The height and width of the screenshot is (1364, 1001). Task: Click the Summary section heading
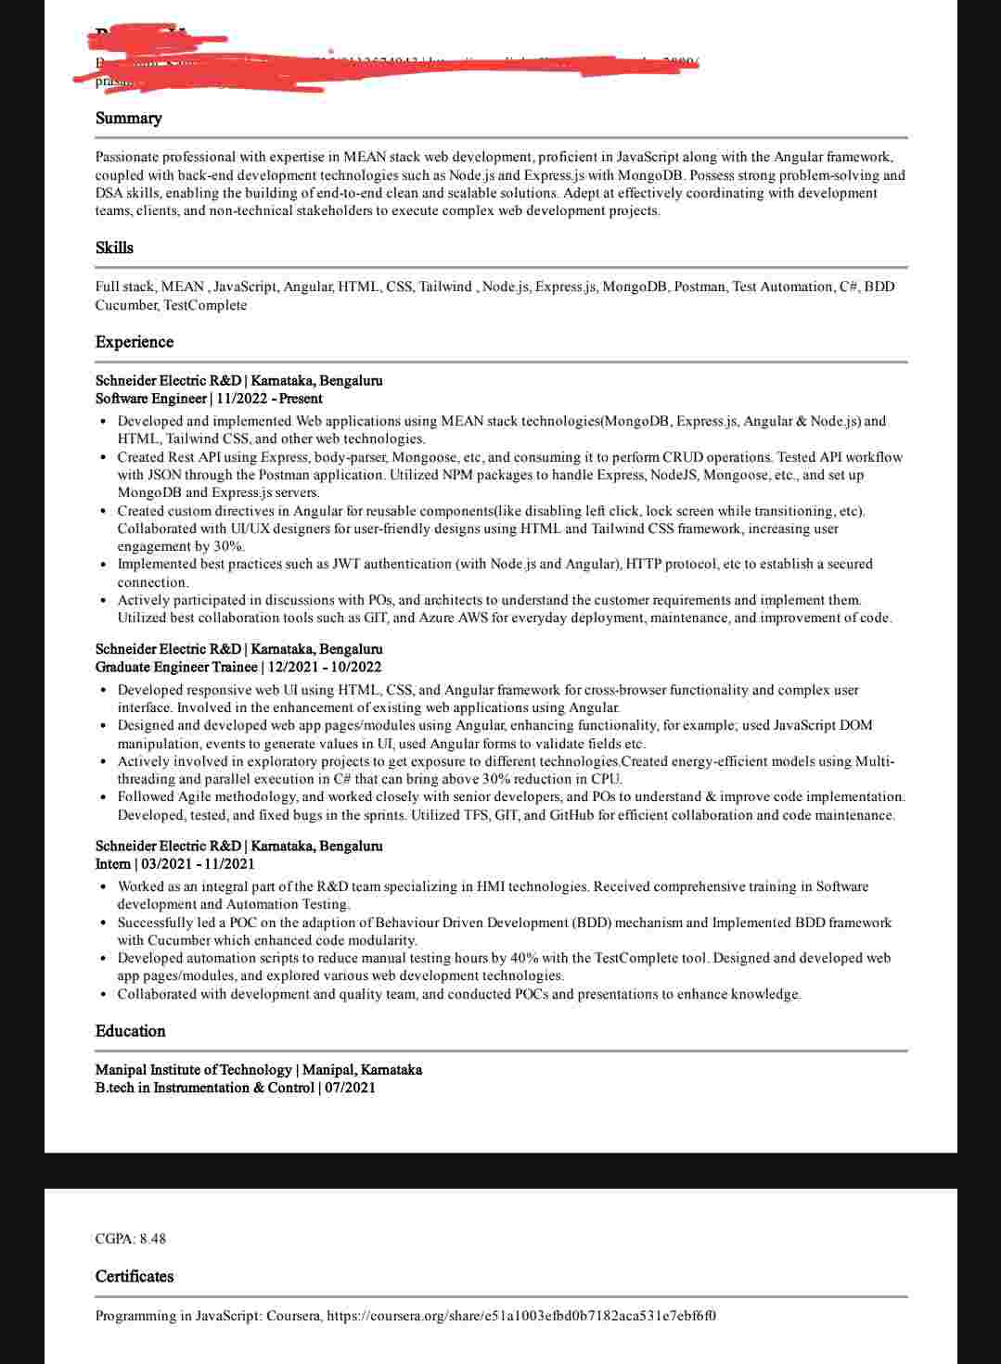pos(128,119)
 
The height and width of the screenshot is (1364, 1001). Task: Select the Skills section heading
pos(114,249)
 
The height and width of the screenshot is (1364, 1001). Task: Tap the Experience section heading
pos(134,342)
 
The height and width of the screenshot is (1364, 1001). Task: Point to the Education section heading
pos(130,1031)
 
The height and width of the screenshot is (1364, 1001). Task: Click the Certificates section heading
pos(134,1277)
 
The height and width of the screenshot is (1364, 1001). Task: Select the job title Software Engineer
pos(150,399)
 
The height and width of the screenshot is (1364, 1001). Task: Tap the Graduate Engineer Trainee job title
pos(176,668)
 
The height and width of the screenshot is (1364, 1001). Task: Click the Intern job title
pos(113,864)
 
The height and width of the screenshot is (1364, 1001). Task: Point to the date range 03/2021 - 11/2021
pos(198,864)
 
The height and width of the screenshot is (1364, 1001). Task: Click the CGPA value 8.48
pos(153,1239)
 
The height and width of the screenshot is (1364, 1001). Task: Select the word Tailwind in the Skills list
pos(445,287)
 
